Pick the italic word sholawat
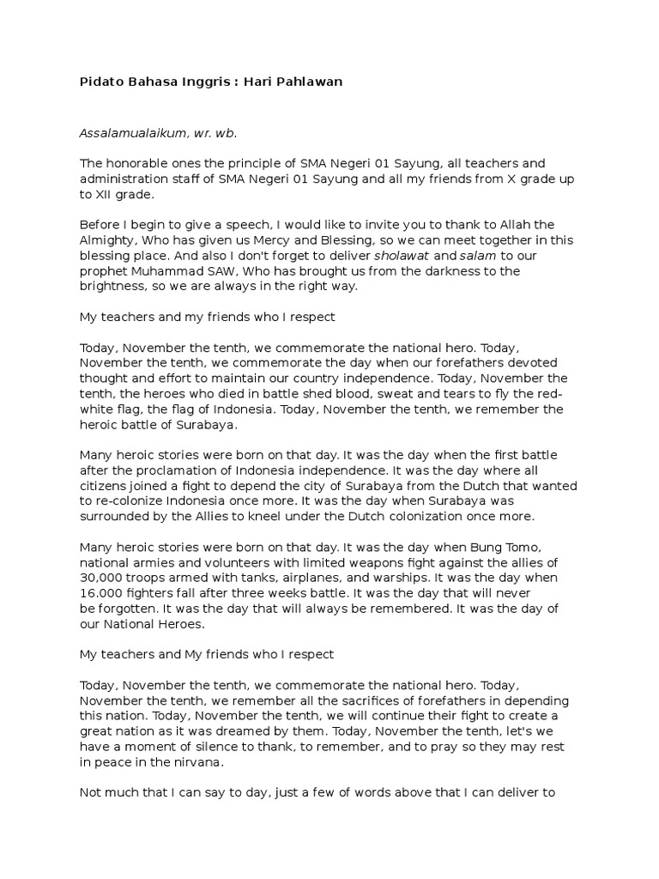coord(403,256)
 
